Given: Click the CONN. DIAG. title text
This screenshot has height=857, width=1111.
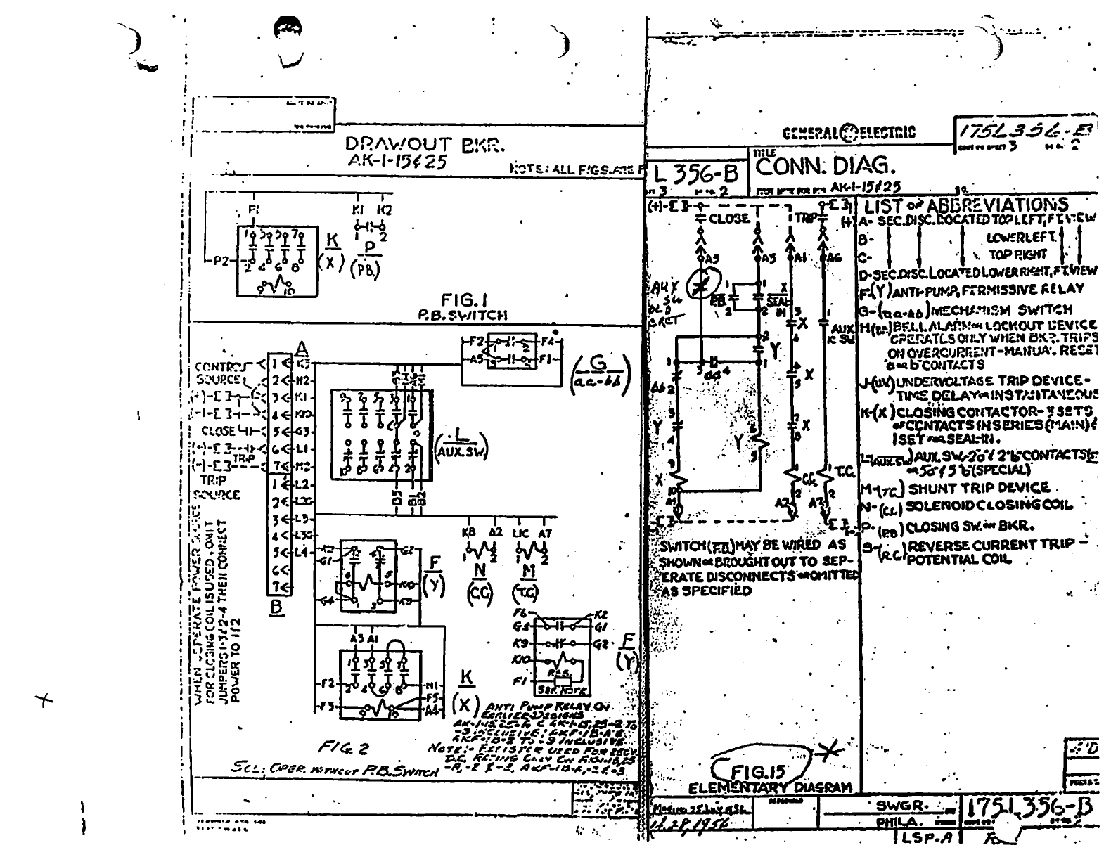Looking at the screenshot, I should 826,167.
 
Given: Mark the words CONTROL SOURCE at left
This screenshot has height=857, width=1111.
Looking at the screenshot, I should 219,373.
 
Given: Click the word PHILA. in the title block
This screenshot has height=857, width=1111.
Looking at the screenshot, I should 901,822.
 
